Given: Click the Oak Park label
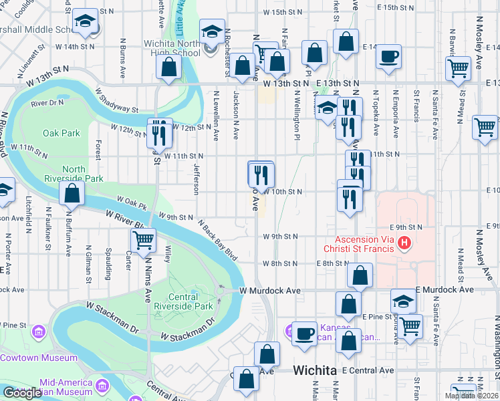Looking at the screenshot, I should click(x=61, y=133).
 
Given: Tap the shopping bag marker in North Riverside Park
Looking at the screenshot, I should click(x=72, y=193).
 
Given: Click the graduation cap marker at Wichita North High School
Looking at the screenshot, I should click(x=212, y=32).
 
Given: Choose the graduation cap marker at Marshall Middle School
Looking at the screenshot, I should click(x=86, y=23).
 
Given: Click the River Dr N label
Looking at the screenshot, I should click(x=47, y=103).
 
